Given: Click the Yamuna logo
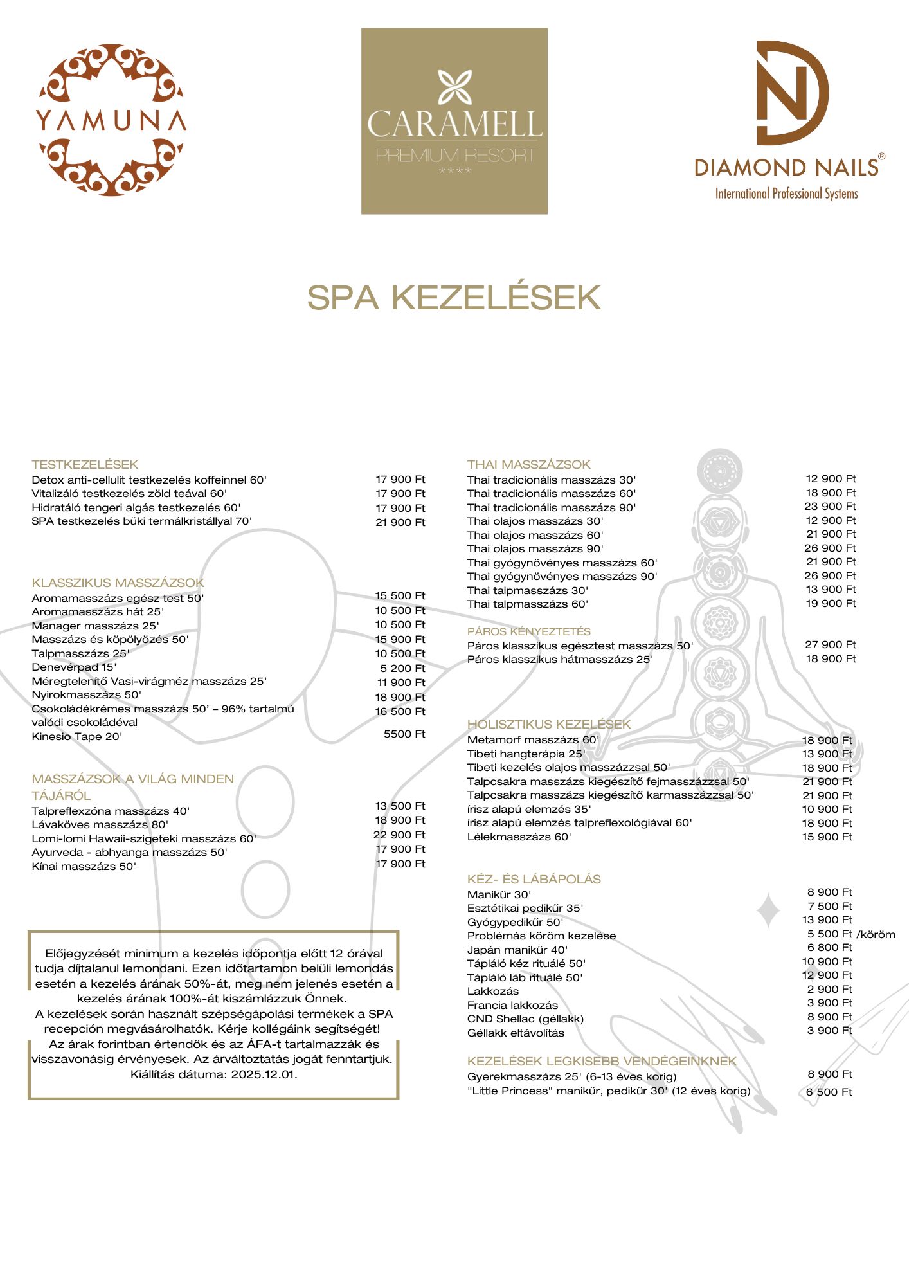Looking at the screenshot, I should pos(111,120).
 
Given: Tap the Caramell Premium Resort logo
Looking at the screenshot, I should pos(455,121).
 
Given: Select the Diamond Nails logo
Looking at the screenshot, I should pos(789,121).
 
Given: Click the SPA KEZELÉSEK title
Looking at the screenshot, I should pos(454,298).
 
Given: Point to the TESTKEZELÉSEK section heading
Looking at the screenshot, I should pos(85,464).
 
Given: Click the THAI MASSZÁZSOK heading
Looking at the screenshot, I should pos(528,464).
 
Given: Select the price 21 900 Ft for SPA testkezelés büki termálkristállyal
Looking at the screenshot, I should pos(400,522).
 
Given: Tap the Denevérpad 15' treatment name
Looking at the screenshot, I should pos(74,667).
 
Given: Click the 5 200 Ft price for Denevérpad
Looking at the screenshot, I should pos(402,668).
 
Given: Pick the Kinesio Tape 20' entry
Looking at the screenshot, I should pos(76,736).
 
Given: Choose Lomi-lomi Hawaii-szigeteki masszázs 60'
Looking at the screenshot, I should pos(143,838).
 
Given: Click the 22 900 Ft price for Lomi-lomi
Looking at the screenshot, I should pos(399,835).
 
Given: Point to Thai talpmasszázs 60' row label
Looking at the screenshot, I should pos(527,604).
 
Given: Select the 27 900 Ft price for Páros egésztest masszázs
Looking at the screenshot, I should pos(831,644).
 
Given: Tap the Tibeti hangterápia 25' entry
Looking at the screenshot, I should pos(526,754).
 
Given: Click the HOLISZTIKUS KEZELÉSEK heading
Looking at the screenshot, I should pos(549,724).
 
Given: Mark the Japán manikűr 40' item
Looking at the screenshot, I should pos(517,950).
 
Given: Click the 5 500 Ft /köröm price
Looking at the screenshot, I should pos(851,934).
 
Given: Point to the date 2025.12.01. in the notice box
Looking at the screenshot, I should pos(264,1074).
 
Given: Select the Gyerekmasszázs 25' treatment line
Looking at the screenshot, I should pos(571,1076).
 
